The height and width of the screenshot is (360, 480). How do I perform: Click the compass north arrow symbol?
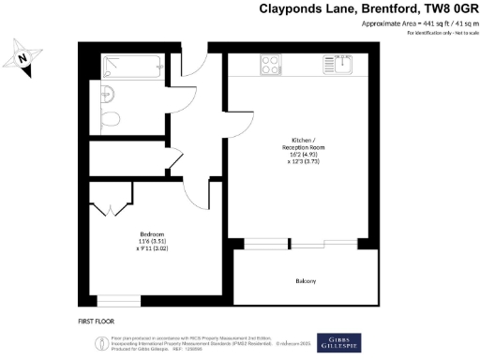pyautogui.click(x=24, y=59)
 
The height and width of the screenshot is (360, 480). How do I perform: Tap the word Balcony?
pyautogui.click(x=306, y=281)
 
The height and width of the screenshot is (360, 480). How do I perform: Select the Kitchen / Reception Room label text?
pyautogui.click(x=302, y=143)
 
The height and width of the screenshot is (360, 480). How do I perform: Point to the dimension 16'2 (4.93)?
pyautogui.click(x=302, y=155)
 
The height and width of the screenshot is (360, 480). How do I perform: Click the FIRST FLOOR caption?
pyautogui.click(x=97, y=322)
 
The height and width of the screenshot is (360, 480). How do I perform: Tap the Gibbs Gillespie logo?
pyautogui.click(x=340, y=341)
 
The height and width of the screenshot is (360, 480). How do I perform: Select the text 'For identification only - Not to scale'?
pyautogui.click(x=442, y=33)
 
